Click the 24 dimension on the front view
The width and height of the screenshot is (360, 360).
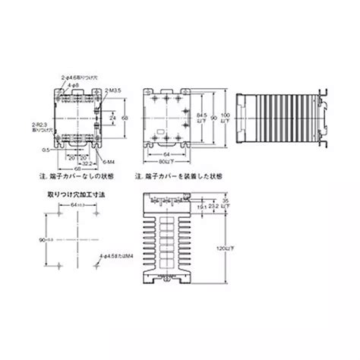click(112, 118)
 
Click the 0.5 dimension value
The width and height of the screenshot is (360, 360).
click(46, 150)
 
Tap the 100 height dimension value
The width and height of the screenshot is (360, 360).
click(223, 112)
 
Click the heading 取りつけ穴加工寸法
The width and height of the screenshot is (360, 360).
click(66, 194)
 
